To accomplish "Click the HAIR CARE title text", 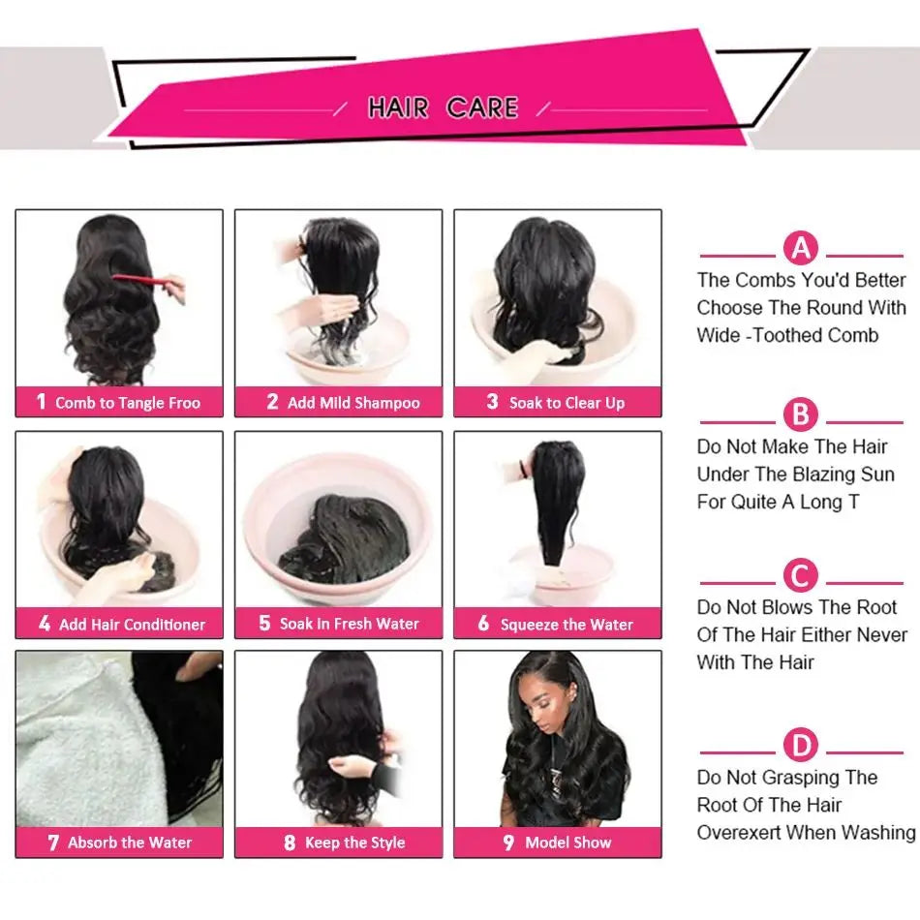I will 443,107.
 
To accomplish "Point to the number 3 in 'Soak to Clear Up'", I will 492,402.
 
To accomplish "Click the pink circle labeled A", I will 801,249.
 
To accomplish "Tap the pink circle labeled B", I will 801,415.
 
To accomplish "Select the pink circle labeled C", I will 801,577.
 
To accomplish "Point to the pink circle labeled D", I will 801,746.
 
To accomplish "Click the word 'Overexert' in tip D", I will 738,832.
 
